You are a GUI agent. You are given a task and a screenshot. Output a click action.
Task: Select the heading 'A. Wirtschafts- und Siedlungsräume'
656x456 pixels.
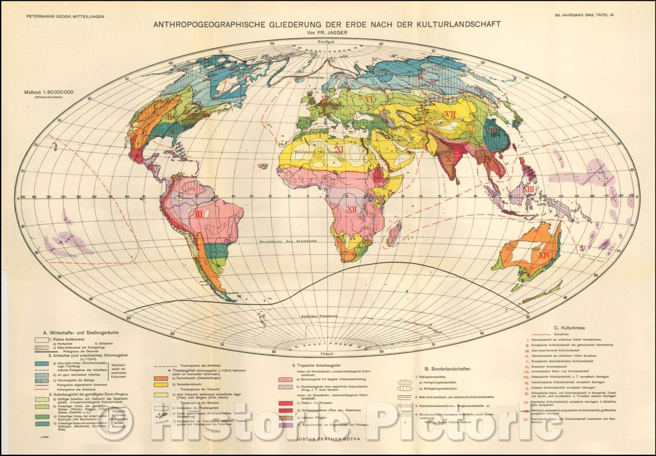click(x=78, y=332)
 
